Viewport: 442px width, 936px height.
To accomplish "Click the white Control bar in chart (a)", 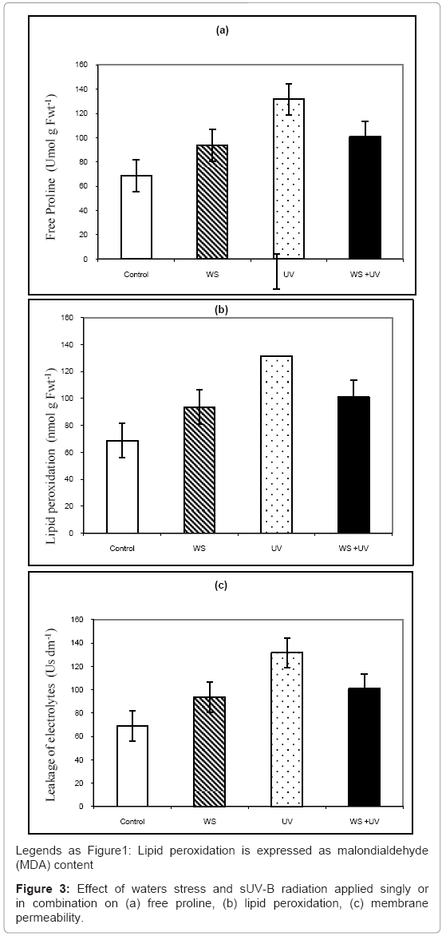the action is [136, 217].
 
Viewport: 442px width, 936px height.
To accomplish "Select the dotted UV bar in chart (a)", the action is [289, 179].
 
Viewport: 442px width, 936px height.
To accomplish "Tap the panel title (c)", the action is [221, 585].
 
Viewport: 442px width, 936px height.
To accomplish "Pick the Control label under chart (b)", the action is [122, 548].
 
